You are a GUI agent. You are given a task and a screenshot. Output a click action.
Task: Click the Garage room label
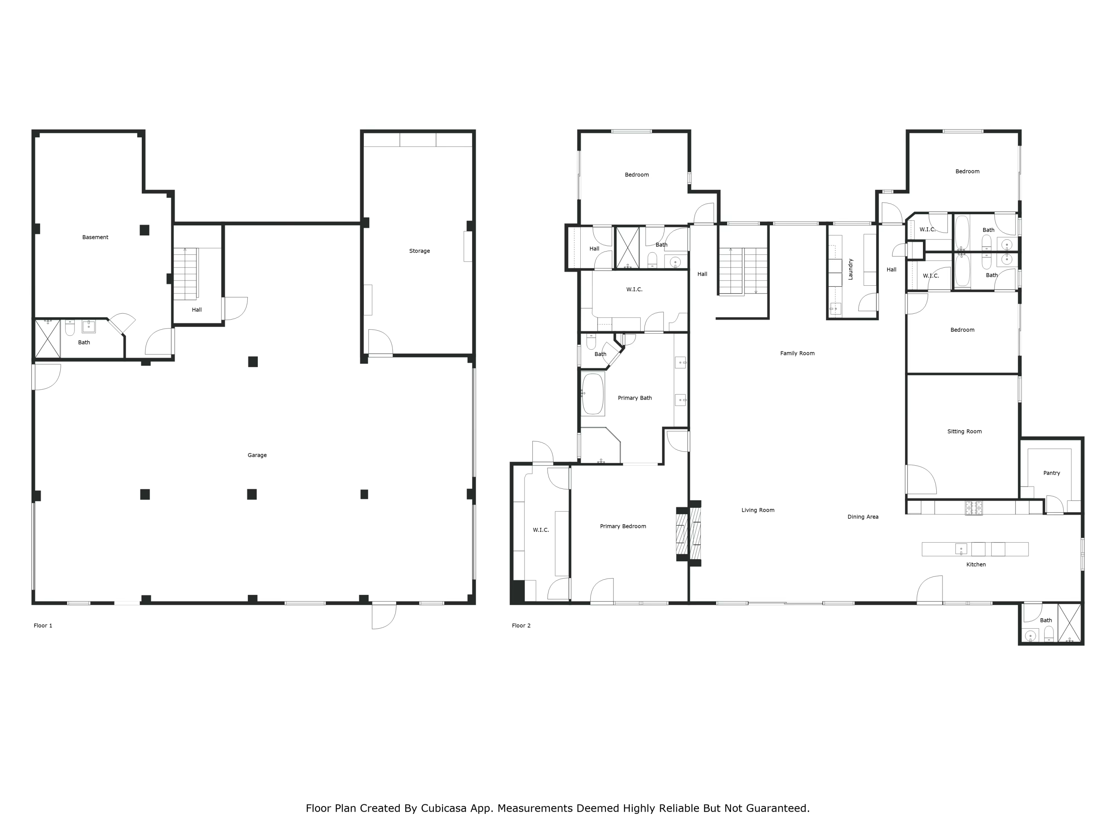[x=257, y=455]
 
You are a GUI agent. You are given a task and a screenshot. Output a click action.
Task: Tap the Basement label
[x=95, y=237]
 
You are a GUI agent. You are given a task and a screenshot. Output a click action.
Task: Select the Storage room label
[x=419, y=251]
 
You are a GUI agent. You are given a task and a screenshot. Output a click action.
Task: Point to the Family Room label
[x=797, y=353]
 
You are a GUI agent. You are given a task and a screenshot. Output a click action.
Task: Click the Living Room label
[x=758, y=510]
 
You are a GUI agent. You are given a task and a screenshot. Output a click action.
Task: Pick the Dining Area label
[x=863, y=517]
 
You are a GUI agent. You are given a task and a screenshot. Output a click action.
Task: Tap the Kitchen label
[x=976, y=565]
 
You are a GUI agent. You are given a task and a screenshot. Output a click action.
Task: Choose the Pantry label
[x=1051, y=473]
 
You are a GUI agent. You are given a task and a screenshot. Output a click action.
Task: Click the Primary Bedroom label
[x=623, y=526]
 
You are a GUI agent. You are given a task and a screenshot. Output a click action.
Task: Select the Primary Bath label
[x=635, y=398]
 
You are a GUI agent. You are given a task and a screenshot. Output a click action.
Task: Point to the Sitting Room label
[x=964, y=432]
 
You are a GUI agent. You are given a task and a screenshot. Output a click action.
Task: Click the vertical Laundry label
[x=850, y=269]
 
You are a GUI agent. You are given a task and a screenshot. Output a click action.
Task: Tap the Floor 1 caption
[x=43, y=626]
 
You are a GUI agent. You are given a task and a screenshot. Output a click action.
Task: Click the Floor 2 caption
[x=521, y=626]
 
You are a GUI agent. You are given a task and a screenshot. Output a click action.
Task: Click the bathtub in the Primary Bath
[x=593, y=394]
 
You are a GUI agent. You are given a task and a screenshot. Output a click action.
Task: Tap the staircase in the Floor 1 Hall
[x=186, y=273]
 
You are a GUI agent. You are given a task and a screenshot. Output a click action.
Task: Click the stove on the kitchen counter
[x=974, y=507]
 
